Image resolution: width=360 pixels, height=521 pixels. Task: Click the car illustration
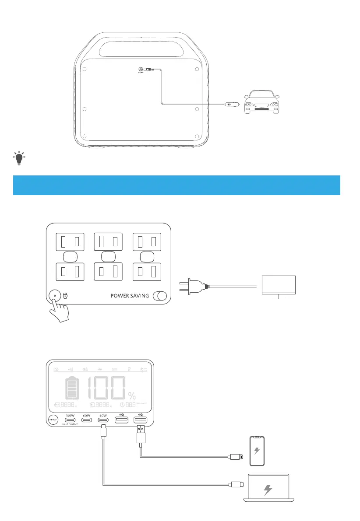pos(262,101)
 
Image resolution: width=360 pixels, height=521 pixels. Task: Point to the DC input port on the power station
pos(141,69)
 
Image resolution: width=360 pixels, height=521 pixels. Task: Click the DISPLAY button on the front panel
pos(53,420)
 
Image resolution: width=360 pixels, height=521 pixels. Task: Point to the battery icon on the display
pos(73,387)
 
